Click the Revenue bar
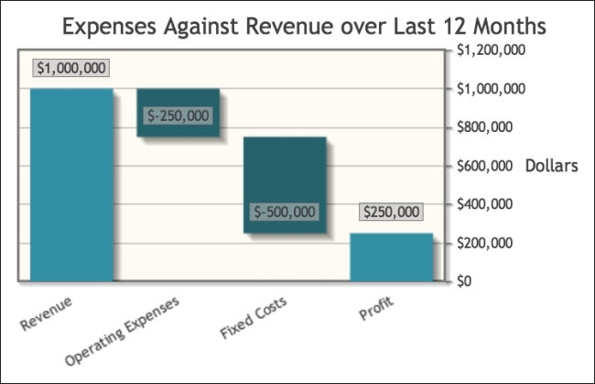(71, 184)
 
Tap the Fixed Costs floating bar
(285, 184)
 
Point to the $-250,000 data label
(178, 116)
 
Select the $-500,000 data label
(285, 212)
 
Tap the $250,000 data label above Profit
(392, 212)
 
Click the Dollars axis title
(552, 166)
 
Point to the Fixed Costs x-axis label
(254, 317)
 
